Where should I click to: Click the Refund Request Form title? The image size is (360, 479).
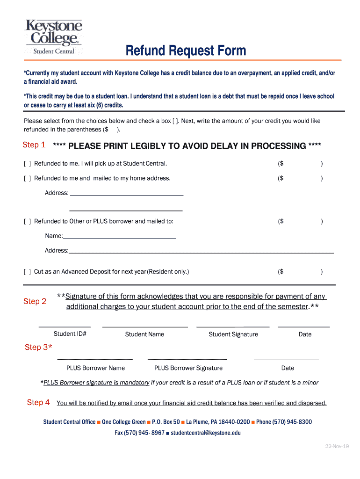[186, 51]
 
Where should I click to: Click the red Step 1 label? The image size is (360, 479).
[34, 145]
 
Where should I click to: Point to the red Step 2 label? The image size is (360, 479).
[35, 302]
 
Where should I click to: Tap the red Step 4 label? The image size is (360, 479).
[38, 402]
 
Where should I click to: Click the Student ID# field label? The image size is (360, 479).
[70, 334]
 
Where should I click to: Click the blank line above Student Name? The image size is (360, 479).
[144, 326]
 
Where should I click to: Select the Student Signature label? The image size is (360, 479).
[233, 334]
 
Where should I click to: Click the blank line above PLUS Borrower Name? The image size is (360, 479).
[95, 359]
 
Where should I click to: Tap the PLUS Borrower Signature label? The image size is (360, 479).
[188, 368]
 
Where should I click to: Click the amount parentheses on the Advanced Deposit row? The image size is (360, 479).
[300, 272]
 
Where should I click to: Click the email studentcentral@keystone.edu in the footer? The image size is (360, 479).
[205, 433]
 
